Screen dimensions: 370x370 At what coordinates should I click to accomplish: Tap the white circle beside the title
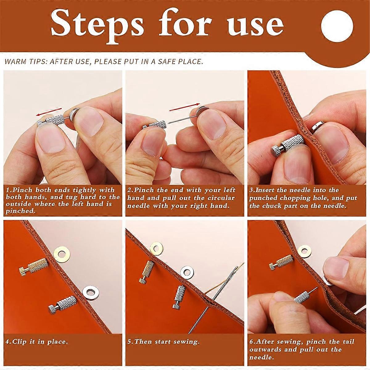click(x=335, y=26)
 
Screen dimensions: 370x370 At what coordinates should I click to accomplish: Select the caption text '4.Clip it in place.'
click(x=36, y=342)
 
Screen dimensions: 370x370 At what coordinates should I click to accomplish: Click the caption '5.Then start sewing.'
click(x=163, y=342)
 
